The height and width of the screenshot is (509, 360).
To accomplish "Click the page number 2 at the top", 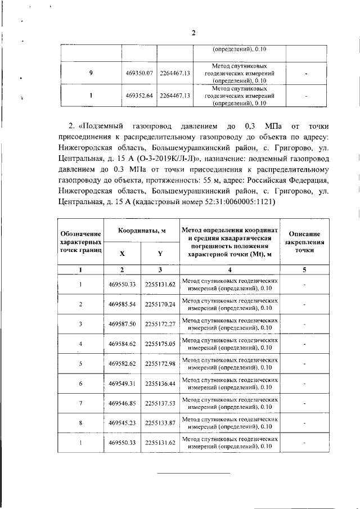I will point(193,33).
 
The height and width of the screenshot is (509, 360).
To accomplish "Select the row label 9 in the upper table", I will point(91,73).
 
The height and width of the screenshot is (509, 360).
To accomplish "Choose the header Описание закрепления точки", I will point(304,241).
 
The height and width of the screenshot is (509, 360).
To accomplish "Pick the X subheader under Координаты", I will point(123,253).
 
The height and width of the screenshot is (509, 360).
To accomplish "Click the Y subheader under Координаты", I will point(160,253).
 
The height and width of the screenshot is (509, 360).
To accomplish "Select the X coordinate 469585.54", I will point(123,304).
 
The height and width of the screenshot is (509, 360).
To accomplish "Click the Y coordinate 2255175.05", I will point(160,344).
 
